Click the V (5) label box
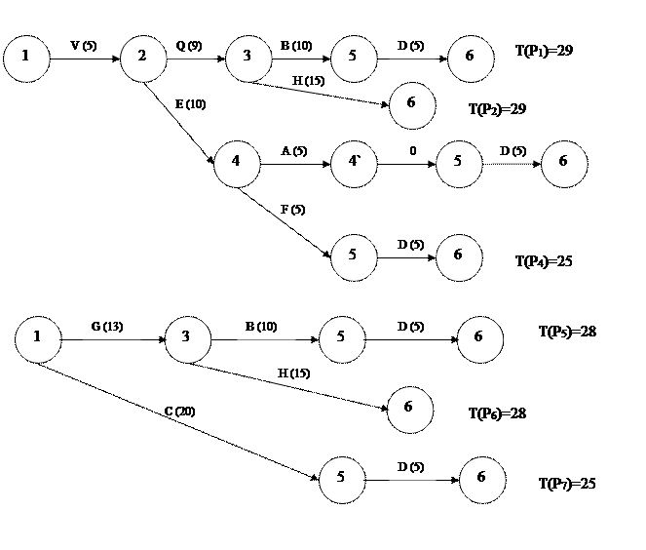tap(95, 47)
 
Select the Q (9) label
tap(189, 47)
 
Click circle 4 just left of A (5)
tap(237, 163)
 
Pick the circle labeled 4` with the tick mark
tap(354, 163)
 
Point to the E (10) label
tap(196, 105)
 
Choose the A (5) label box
tap(300, 152)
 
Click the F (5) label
tap(295, 211)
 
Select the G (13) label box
tap(111, 327)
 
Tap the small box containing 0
tap(415, 153)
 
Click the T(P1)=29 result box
tap(552, 53)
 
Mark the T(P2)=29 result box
tap(506, 110)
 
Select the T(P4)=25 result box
tap(552, 263)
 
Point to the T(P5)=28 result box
tap(576, 333)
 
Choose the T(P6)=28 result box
tap(506, 414)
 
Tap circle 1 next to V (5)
tap(25, 58)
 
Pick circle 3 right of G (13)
tap(188, 338)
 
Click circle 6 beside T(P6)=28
tap(410, 409)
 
